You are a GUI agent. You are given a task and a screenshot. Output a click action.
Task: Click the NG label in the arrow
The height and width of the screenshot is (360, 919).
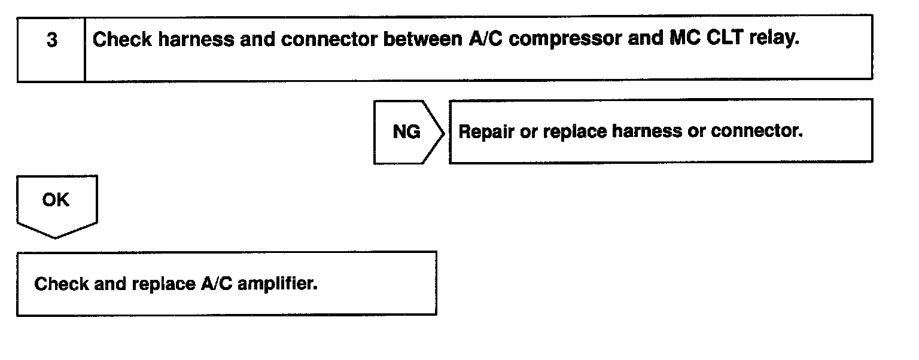[x=406, y=132]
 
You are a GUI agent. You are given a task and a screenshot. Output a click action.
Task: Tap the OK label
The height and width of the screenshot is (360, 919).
[x=56, y=200]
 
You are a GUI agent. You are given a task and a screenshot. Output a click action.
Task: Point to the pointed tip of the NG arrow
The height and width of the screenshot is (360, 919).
[x=444, y=132]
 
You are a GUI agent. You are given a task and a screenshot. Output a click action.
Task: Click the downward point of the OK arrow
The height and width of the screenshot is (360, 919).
[x=56, y=237]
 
